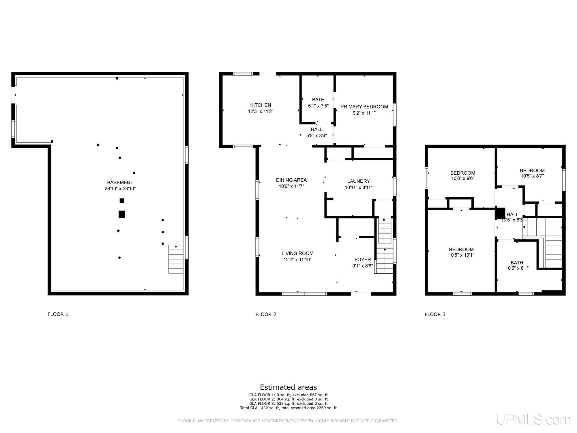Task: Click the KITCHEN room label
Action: coord(261,105)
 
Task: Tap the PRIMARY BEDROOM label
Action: coord(364,107)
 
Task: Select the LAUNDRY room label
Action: coord(359,181)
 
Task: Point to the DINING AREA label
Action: coord(291,180)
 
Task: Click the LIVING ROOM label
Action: coord(297,253)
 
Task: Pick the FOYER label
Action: coord(363,260)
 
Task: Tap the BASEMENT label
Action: coord(120,182)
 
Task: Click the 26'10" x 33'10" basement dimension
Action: coord(120,189)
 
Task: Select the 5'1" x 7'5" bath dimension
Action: coord(318,106)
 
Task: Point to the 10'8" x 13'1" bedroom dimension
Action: coord(461,255)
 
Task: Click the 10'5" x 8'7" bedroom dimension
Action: coord(532,176)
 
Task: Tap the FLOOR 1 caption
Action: coord(58,314)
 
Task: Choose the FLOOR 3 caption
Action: coord(435,314)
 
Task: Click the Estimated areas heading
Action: coord(288,387)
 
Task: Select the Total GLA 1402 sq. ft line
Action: coord(288,408)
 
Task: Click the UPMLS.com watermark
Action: coord(533,419)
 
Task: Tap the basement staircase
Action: coord(176,259)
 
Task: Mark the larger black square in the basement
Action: coord(122,214)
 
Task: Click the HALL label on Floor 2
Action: coord(317,129)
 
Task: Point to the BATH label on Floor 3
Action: coord(517,263)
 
